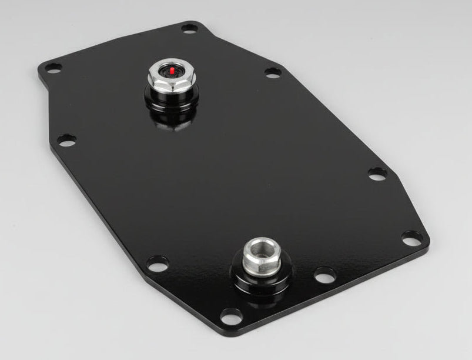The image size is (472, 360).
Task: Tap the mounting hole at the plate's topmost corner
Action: (189, 28)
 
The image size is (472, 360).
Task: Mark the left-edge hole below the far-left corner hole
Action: (67, 139)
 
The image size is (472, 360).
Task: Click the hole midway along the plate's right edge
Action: (377, 174)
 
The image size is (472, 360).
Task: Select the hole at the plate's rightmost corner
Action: (411, 238)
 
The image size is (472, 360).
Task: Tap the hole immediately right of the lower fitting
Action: (324, 274)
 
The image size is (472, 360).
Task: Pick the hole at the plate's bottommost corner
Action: (231, 315)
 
